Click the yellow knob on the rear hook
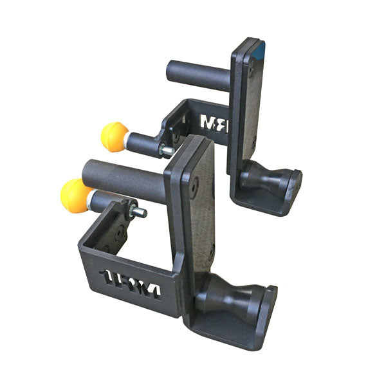click(115, 137)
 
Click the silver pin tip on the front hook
click(139, 212)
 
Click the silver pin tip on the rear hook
click(167, 151)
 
